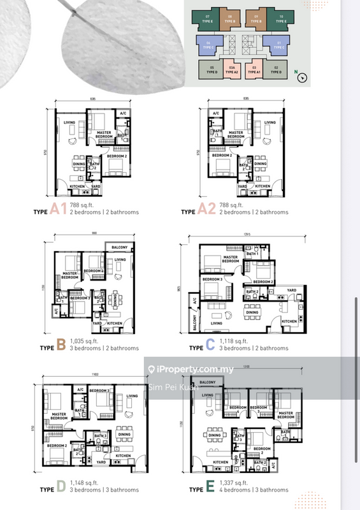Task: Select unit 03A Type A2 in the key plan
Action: coord(233,70)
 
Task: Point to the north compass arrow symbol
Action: coord(303,77)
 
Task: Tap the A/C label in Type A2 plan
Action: coord(216,113)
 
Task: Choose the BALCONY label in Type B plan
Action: coord(120,247)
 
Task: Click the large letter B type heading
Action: coord(61,345)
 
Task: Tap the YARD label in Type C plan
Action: coord(291,290)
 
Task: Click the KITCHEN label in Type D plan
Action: coord(123,456)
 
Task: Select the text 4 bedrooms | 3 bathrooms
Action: coord(254,490)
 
